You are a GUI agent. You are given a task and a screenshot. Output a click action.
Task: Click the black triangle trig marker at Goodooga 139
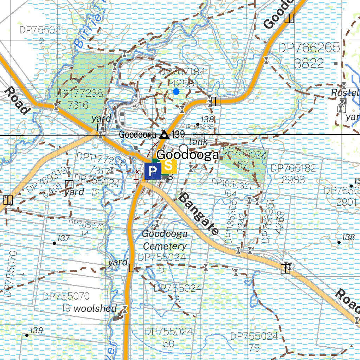pos(163,135)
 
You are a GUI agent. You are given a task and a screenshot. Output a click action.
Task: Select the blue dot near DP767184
pos(176,91)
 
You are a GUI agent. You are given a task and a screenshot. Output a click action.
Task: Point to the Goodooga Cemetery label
pos(165,240)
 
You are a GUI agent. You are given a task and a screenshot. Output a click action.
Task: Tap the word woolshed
pos(95,309)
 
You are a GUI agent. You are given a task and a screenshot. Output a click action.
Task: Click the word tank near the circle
pos(198,142)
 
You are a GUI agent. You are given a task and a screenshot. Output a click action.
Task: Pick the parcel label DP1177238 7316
pos(78,99)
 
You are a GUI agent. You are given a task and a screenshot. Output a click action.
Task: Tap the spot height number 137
pos(63,238)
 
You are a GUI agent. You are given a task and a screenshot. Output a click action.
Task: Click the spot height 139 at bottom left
pos(37,330)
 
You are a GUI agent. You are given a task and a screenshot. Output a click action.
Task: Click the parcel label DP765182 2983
pos(293,174)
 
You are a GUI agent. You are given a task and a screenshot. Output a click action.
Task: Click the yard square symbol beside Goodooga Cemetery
pos(133,268)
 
